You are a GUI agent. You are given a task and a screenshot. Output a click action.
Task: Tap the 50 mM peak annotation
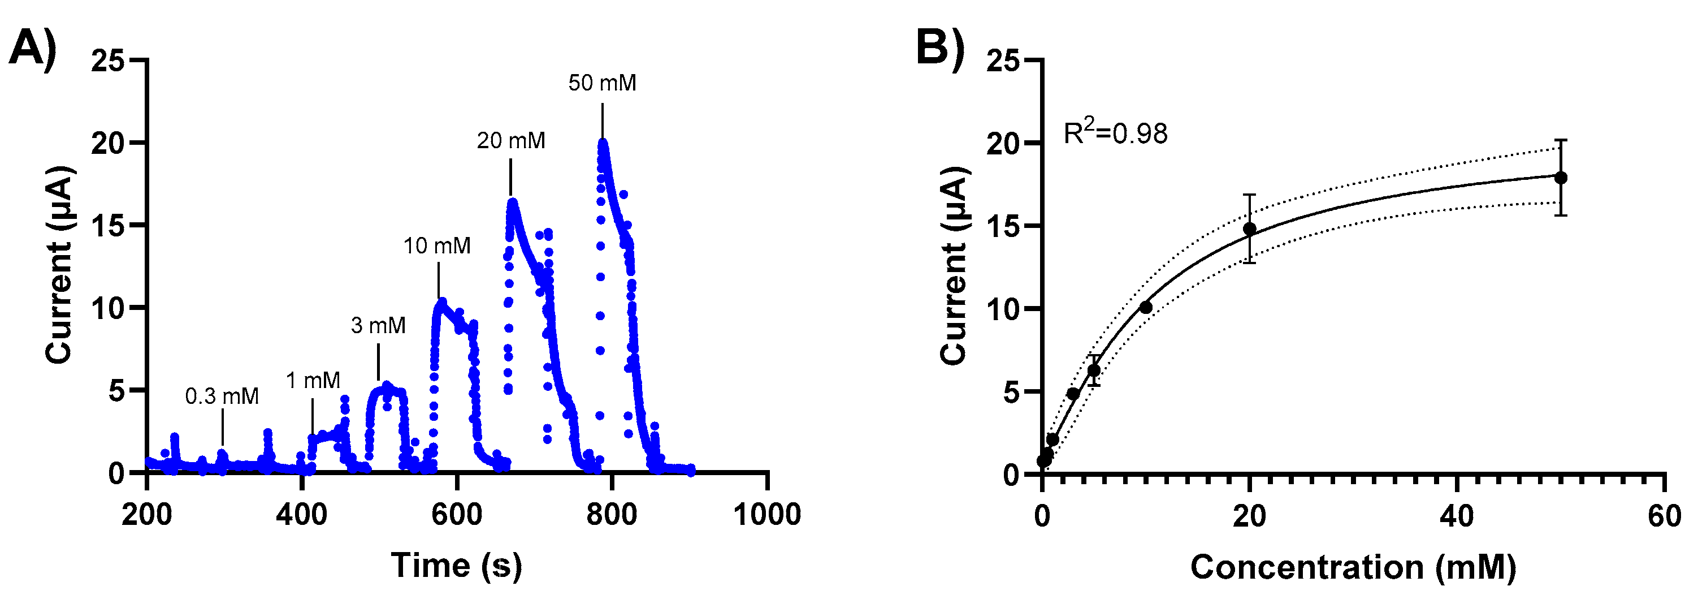pos(602,83)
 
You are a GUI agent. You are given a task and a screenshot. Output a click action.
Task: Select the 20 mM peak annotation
pos(511,141)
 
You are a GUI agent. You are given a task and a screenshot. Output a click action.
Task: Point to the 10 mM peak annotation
pos(437,246)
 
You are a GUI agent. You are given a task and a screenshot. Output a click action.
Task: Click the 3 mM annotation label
pos(378,325)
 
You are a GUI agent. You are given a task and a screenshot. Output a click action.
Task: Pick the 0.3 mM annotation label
pos(222,396)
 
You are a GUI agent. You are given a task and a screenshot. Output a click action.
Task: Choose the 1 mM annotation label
pos(313,380)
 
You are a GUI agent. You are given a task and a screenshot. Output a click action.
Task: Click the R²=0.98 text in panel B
pos(1115,133)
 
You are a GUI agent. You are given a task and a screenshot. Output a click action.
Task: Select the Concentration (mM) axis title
pos(1353,567)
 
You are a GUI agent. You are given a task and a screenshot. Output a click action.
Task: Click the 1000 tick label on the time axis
pos(766,515)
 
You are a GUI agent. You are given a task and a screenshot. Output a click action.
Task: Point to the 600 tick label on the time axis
pos(457,515)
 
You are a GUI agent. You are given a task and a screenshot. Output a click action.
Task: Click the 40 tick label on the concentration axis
pos(1457,516)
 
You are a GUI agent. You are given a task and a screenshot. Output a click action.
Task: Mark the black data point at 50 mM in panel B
pos(1561,178)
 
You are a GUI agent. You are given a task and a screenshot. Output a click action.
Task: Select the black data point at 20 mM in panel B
pos(1249,229)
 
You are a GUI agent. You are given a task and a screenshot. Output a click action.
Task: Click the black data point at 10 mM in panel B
pos(1146,307)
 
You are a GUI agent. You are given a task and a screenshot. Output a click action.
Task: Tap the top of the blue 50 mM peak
pos(603,142)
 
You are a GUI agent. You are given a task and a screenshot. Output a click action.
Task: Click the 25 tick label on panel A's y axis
pos(107,61)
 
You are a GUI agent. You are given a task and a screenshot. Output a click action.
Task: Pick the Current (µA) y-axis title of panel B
pos(954,265)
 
